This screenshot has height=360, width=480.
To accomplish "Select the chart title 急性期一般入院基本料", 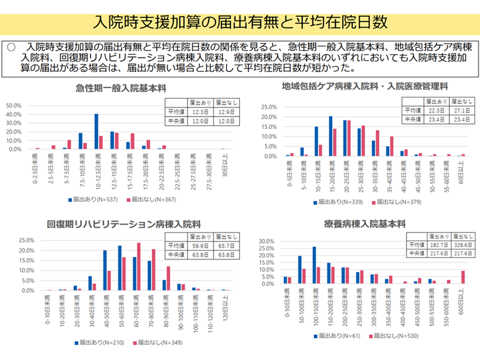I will click(120, 89).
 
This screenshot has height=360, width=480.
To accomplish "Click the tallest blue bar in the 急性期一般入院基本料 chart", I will click(96, 131).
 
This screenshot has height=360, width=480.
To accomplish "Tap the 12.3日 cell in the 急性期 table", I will click(198, 112).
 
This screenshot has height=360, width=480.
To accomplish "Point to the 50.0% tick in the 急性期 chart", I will click(13, 106).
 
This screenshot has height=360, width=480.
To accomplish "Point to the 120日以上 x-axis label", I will click(223, 307).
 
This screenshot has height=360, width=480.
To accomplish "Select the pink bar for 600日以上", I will click(463, 277).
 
